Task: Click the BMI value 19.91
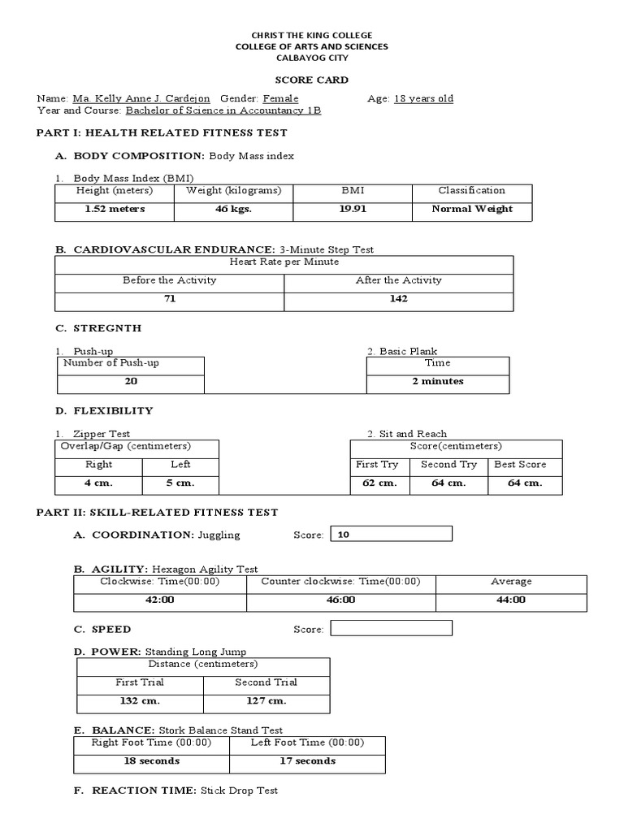point(353,209)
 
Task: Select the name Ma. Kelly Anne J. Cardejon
point(141,98)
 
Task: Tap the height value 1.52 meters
point(115,209)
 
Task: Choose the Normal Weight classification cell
point(472,209)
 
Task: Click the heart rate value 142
point(398,299)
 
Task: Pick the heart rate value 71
point(169,299)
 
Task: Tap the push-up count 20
point(131,381)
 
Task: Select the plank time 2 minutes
point(437,381)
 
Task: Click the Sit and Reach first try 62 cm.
point(379,483)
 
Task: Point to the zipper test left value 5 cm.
point(180,483)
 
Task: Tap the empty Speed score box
point(392,628)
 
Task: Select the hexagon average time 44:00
point(511,600)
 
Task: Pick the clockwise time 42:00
point(160,600)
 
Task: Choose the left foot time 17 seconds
point(307,761)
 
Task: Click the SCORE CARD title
point(311,80)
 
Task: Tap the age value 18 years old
point(423,98)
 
